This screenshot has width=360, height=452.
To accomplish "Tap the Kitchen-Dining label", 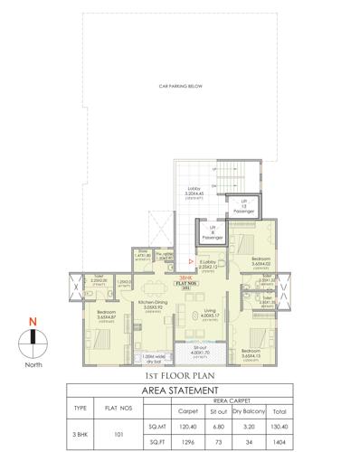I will point(143,306).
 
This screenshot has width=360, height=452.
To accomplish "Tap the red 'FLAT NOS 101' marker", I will point(185,282).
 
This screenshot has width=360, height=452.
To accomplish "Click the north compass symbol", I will point(33,338).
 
